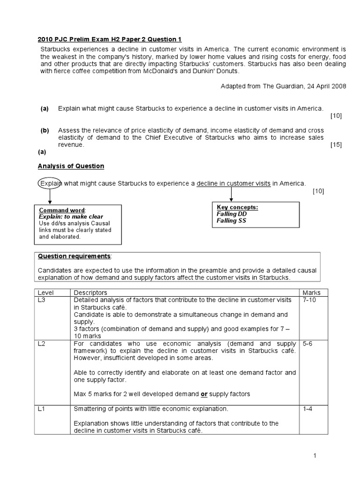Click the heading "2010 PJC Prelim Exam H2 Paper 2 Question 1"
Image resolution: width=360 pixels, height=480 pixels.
pos(109,39)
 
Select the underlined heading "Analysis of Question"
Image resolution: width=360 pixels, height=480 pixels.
pos(71,166)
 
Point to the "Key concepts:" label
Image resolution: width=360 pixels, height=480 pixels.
pos(237,207)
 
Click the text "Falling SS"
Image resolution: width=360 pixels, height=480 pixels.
pos(231,220)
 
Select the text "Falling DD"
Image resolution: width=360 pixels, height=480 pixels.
pos(232,214)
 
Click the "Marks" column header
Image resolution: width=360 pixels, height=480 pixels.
pos(312,292)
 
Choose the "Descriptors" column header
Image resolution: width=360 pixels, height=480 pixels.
pos(90,292)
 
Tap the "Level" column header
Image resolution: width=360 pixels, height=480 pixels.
pos(46,292)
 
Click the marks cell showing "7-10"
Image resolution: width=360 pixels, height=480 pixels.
pos(310,300)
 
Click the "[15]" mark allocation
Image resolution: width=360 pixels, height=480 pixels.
pos(336,145)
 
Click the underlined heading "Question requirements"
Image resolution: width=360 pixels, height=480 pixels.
pos(75,256)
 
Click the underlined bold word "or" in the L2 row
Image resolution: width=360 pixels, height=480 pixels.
pos(204,394)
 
